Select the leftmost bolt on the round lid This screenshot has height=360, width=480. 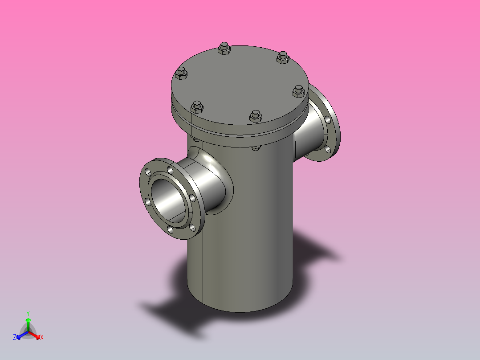181,74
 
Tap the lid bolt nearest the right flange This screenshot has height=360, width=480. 298,91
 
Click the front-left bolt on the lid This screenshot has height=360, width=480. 197,107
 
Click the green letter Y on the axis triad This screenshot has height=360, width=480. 28,313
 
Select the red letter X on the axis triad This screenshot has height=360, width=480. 41,337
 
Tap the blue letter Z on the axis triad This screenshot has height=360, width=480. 15,337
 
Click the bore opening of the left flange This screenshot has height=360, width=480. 167,198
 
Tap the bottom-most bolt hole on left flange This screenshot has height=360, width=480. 170,229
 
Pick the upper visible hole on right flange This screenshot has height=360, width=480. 328,119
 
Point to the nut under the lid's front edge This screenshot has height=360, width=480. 255,148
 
